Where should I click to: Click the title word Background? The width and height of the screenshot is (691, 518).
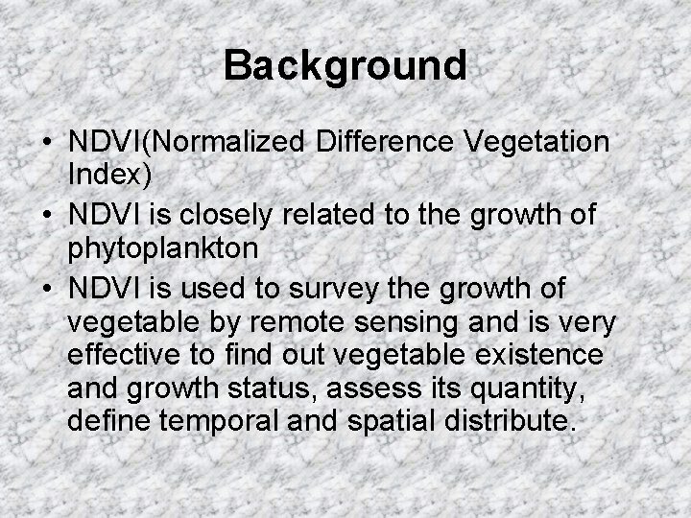click(345, 66)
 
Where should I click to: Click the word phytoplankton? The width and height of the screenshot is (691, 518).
click(163, 248)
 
